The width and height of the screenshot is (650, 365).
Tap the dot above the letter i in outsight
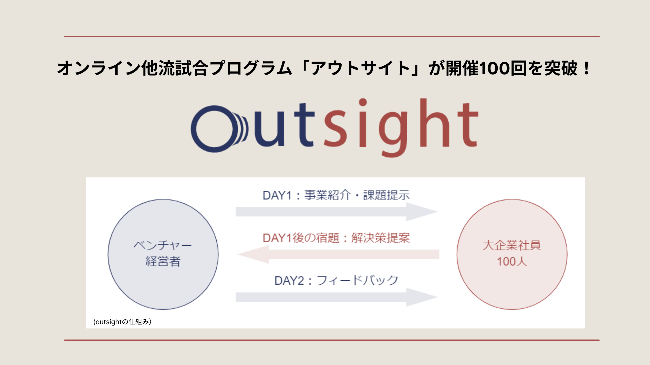(363, 102)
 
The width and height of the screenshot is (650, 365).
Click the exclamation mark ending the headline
(587, 68)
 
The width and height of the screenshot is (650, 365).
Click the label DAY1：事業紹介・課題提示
(336, 195)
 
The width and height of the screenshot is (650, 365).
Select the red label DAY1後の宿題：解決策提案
(336, 238)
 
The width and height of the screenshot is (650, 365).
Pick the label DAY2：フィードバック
(336, 280)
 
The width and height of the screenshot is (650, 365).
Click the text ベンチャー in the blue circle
(163, 245)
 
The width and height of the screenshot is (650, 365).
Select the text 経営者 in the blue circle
(163, 261)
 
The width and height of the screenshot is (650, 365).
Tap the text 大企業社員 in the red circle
(512, 245)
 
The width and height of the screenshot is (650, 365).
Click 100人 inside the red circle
(512, 261)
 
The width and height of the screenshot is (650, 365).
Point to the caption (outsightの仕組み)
(122, 322)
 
